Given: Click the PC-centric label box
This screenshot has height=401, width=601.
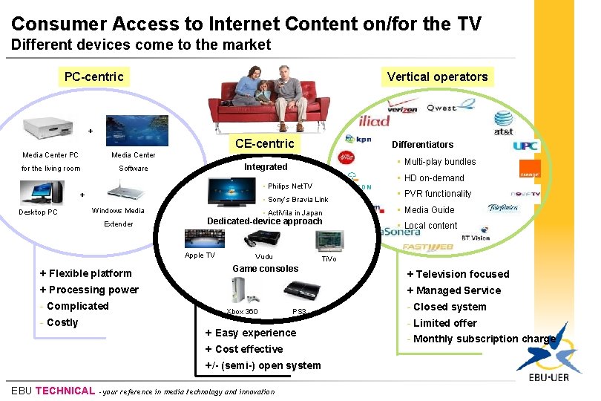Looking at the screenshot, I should [94, 76].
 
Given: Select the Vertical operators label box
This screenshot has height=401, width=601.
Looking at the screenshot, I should [437, 76].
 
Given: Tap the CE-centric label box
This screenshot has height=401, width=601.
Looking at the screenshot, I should [264, 143].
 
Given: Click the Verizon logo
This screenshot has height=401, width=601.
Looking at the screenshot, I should [402, 108].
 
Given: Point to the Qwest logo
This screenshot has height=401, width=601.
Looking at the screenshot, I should [441, 108].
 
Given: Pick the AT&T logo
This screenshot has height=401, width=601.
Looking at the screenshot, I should [504, 119].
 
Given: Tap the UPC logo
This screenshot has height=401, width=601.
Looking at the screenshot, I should [525, 145].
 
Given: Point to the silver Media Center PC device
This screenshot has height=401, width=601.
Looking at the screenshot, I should [51, 129].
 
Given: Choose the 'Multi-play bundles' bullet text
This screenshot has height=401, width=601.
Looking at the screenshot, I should [440, 162].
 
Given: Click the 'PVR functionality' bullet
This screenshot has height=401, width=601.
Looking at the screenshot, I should [438, 194].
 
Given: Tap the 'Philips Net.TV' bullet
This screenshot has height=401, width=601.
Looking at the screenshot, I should [289, 186].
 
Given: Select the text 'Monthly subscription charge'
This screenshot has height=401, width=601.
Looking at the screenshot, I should [484, 339].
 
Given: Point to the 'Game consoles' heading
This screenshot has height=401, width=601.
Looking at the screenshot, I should [266, 269].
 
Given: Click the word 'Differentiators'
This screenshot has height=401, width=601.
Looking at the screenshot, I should [422, 145].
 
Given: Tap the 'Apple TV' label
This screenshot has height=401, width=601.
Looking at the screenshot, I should [200, 255].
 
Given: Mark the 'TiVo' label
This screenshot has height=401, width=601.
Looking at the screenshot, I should [329, 258].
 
